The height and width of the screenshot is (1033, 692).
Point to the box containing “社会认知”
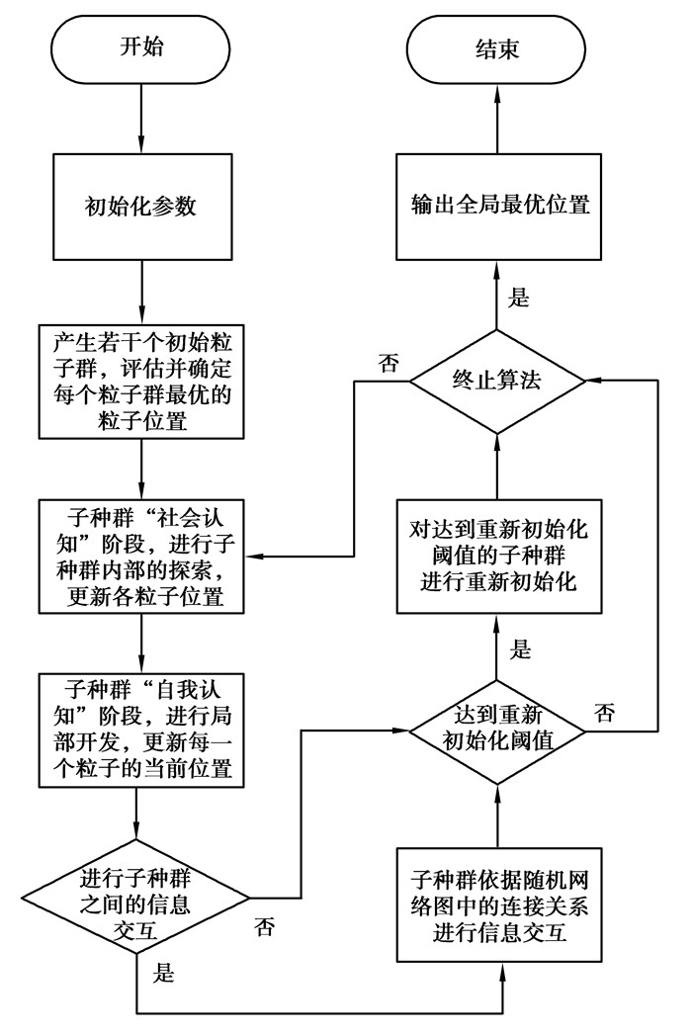coord(143,557)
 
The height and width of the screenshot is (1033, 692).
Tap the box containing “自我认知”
coord(143,730)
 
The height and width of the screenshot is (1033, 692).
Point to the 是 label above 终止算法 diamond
coord(519,298)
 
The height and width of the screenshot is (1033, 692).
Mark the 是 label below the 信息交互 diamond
coord(163,973)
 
